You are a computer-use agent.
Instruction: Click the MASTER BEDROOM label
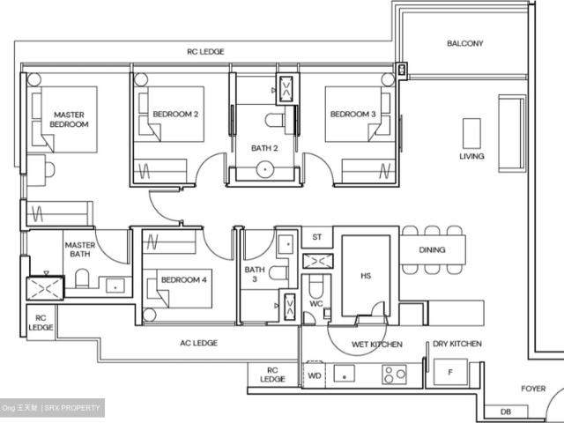pos(70,120)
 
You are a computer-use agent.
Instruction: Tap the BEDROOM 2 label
pos(174,115)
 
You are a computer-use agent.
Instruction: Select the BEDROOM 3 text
pos(352,115)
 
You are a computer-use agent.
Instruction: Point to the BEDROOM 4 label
pos(183,280)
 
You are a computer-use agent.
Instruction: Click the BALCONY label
pos(464,43)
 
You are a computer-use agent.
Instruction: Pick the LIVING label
pos(471,157)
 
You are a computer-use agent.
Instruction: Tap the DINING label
pos(432,250)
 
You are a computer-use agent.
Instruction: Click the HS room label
pos(366,276)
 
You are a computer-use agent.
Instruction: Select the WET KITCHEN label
pos(377,345)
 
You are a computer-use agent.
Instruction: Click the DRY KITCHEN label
pos(456,345)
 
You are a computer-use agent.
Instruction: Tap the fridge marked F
pos(451,373)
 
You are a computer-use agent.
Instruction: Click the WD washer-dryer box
pos(315,375)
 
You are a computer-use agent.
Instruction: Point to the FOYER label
pos(532,389)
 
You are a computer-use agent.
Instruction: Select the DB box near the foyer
pos(505,412)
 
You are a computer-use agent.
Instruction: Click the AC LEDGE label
pos(198,343)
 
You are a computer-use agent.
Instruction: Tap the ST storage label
pos(317,238)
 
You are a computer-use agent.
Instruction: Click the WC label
pos(316,304)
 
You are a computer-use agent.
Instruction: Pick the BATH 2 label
pos(263,148)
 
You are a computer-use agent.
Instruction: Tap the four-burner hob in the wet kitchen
pos(393,374)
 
